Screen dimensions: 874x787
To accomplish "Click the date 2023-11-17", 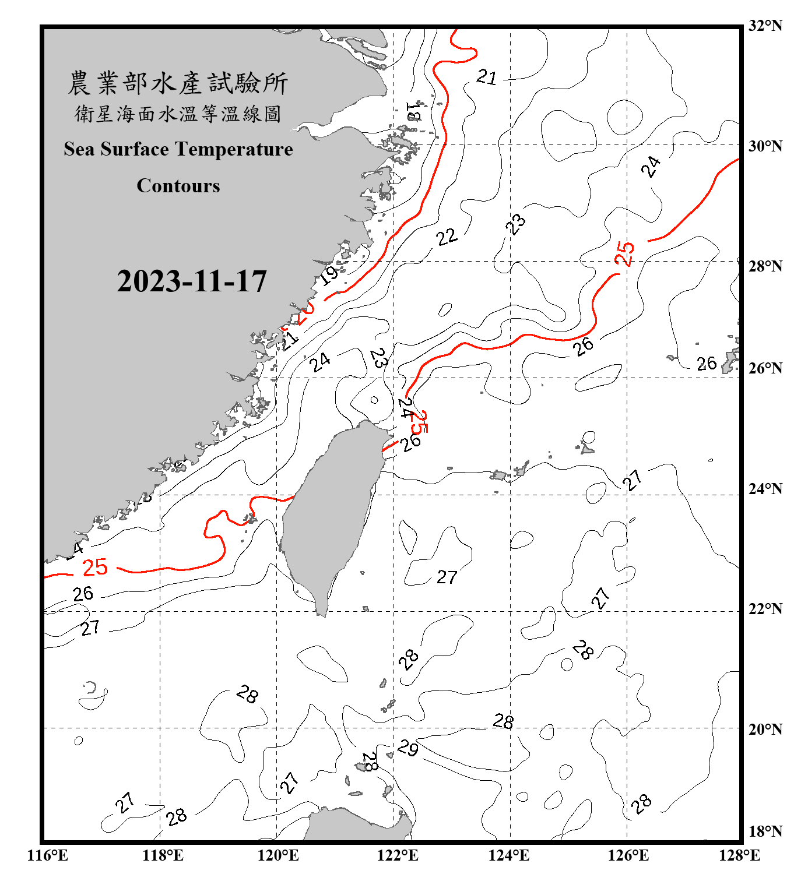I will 192,281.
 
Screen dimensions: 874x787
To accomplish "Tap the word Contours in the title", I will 178,185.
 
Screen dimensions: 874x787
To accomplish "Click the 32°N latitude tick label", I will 765,26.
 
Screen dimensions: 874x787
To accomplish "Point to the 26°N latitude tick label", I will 765,368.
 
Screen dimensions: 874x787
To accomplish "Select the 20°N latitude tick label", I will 765,729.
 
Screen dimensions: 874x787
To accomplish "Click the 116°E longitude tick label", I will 47,855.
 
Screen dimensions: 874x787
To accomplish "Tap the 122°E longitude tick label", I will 398,855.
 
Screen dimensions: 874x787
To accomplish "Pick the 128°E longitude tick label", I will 739,855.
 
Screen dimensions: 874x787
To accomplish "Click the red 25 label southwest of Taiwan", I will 95,567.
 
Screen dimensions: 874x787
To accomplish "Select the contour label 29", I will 408,748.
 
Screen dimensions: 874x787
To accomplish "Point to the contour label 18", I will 413,111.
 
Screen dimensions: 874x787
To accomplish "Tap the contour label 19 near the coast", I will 330,274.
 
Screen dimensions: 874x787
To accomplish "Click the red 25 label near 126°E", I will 624,253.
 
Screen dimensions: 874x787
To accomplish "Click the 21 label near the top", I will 487,77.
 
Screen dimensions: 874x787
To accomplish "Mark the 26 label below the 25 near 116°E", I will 83,594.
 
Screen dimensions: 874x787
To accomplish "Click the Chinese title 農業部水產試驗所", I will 178,83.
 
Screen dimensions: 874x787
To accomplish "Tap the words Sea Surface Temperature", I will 178,149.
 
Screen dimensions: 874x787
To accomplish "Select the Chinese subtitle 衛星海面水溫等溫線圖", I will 178,114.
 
